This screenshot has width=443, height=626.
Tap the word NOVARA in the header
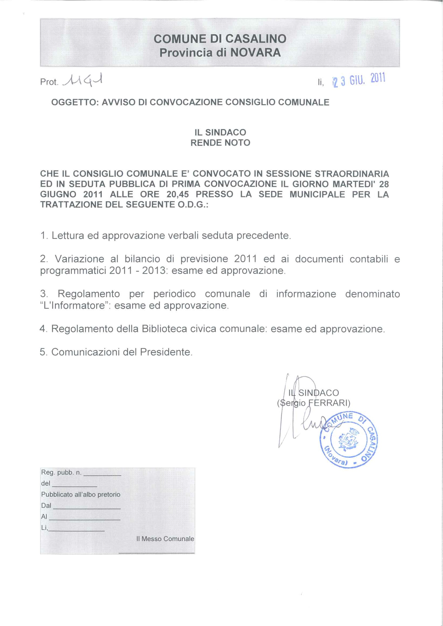click(x=255, y=53)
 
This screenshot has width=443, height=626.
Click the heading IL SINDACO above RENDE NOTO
click(x=220, y=133)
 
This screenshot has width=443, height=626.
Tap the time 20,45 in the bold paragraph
click(x=177, y=194)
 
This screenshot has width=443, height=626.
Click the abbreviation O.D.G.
click(x=193, y=205)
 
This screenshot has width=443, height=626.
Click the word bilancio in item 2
click(x=142, y=259)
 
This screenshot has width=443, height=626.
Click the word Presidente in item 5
click(x=166, y=352)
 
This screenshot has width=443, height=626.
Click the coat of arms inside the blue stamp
click(x=347, y=441)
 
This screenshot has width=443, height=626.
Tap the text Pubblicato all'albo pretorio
click(x=80, y=494)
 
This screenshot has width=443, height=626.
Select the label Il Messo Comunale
click(x=165, y=539)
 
